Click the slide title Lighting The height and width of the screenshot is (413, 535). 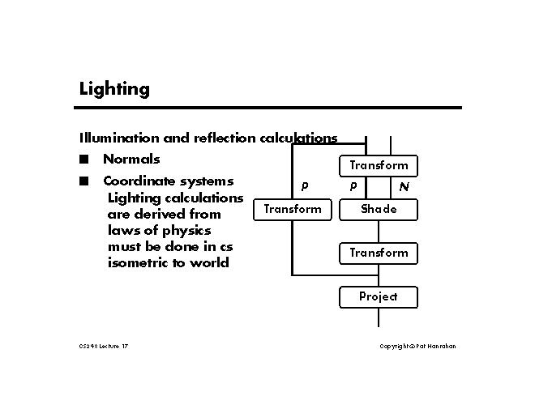pos(114,89)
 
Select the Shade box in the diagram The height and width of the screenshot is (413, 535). pos(379,209)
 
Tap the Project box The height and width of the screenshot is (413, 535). pos(379,296)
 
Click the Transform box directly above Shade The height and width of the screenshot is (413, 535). pos(379,165)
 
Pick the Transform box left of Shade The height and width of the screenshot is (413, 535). pos(293,209)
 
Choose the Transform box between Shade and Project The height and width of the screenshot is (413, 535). pos(379,253)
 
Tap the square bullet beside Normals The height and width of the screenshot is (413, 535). pos(83,159)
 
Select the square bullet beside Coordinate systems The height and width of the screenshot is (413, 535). pos(83,181)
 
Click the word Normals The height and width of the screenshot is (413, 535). pos(131,159)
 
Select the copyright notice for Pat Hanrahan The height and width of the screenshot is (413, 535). pos(417,347)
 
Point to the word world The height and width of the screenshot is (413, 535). pos(209,262)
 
